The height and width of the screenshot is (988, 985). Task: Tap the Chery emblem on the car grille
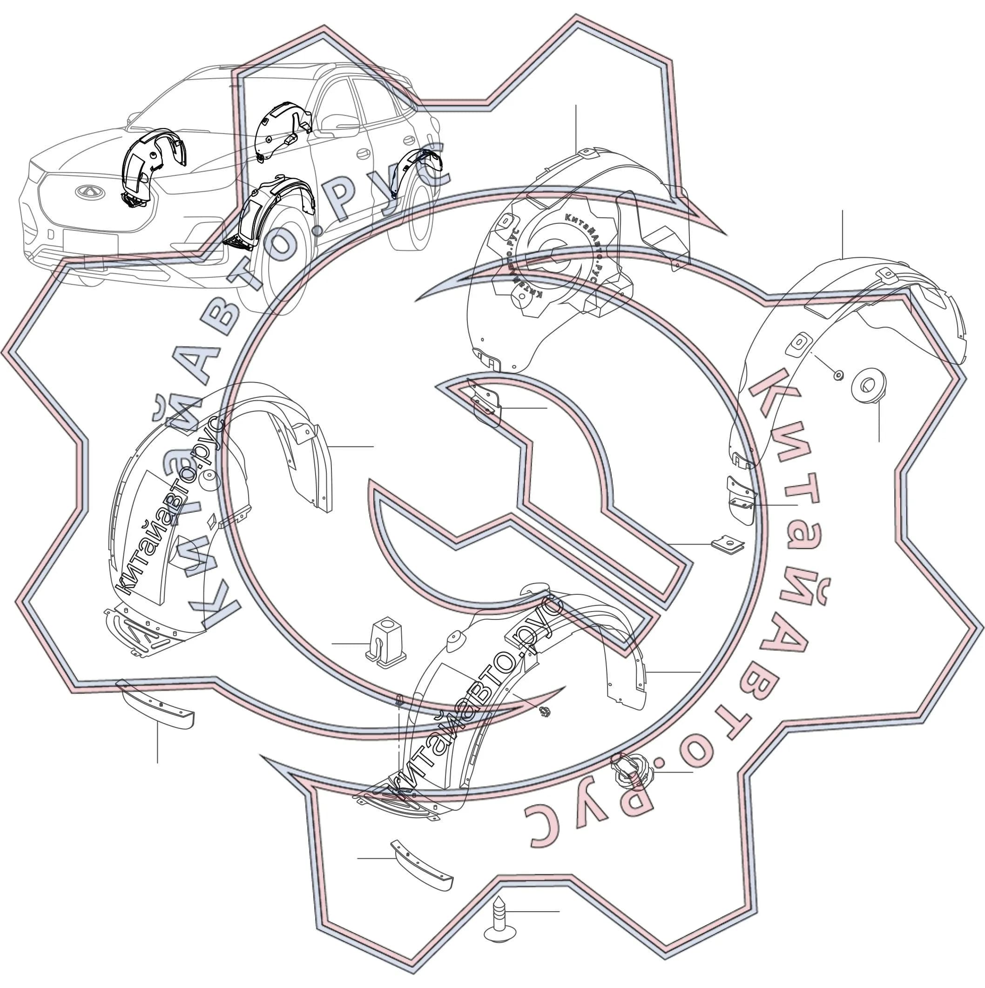pyautogui.click(x=90, y=192)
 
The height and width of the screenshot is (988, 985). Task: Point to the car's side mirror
pyautogui.click(x=340, y=123)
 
